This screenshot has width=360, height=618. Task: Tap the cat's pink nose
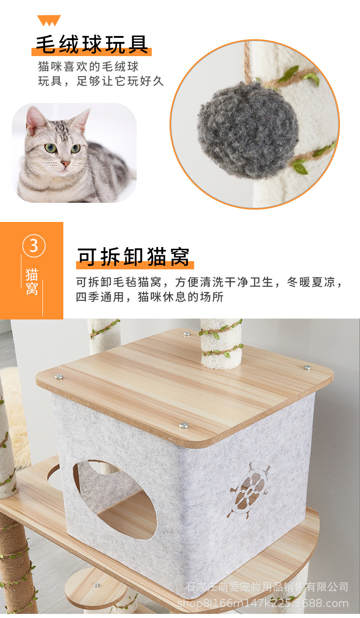[66, 163]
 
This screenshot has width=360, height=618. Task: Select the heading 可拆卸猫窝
[133, 257]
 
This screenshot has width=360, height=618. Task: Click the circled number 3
[34, 246]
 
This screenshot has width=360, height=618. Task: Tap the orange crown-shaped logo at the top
[49, 21]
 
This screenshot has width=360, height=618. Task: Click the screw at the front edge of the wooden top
[184, 425]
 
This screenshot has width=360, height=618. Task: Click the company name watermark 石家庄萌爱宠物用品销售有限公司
[267, 587]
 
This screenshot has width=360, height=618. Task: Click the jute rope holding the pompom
[247, 64]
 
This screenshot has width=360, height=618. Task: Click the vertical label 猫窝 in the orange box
[32, 282]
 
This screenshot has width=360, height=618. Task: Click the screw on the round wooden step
[96, 585]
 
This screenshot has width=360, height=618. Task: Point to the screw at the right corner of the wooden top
[307, 367]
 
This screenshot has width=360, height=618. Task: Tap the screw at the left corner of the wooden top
[59, 377]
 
